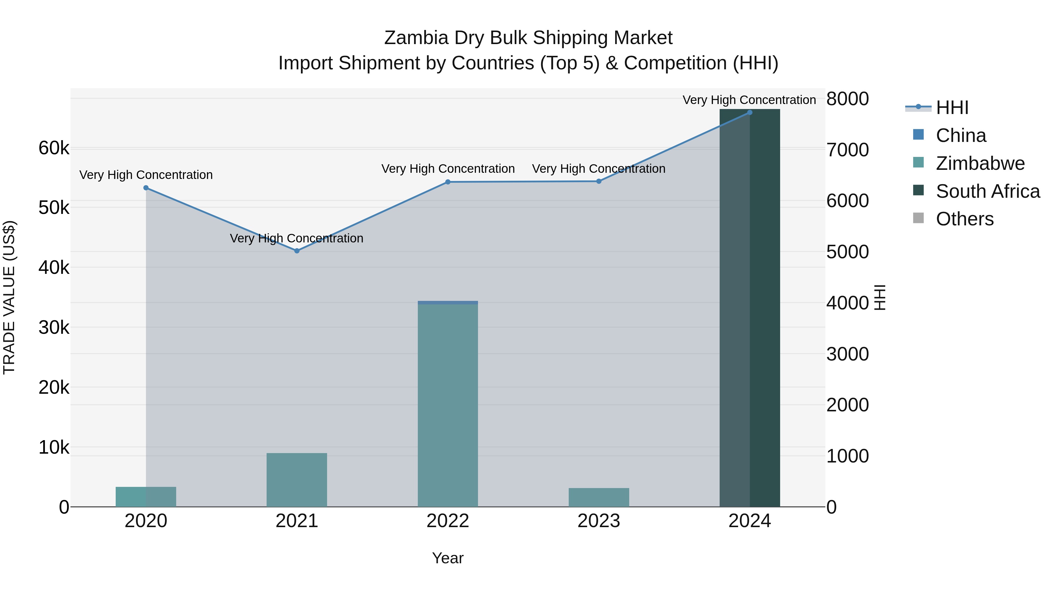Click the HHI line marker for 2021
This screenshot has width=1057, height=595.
click(x=297, y=250)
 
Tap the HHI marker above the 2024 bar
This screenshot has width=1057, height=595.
click(x=749, y=112)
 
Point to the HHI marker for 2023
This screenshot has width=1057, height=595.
click(x=599, y=181)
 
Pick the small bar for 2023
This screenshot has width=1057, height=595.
click(x=599, y=497)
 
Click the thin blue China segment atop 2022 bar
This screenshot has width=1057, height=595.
click(x=448, y=303)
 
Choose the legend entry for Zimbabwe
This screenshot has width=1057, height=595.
click(x=980, y=163)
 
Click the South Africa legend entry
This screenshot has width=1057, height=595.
click(x=987, y=191)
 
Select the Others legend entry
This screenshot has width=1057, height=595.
click(x=964, y=219)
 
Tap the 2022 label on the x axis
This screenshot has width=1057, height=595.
click(x=448, y=521)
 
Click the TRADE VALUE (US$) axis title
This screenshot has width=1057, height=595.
click(x=9, y=297)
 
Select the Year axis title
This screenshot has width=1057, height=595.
click(x=448, y=558)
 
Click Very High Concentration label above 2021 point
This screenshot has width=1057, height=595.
click(x=296, y=238)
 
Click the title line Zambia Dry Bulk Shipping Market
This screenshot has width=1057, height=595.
click(x=528, y=38)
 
